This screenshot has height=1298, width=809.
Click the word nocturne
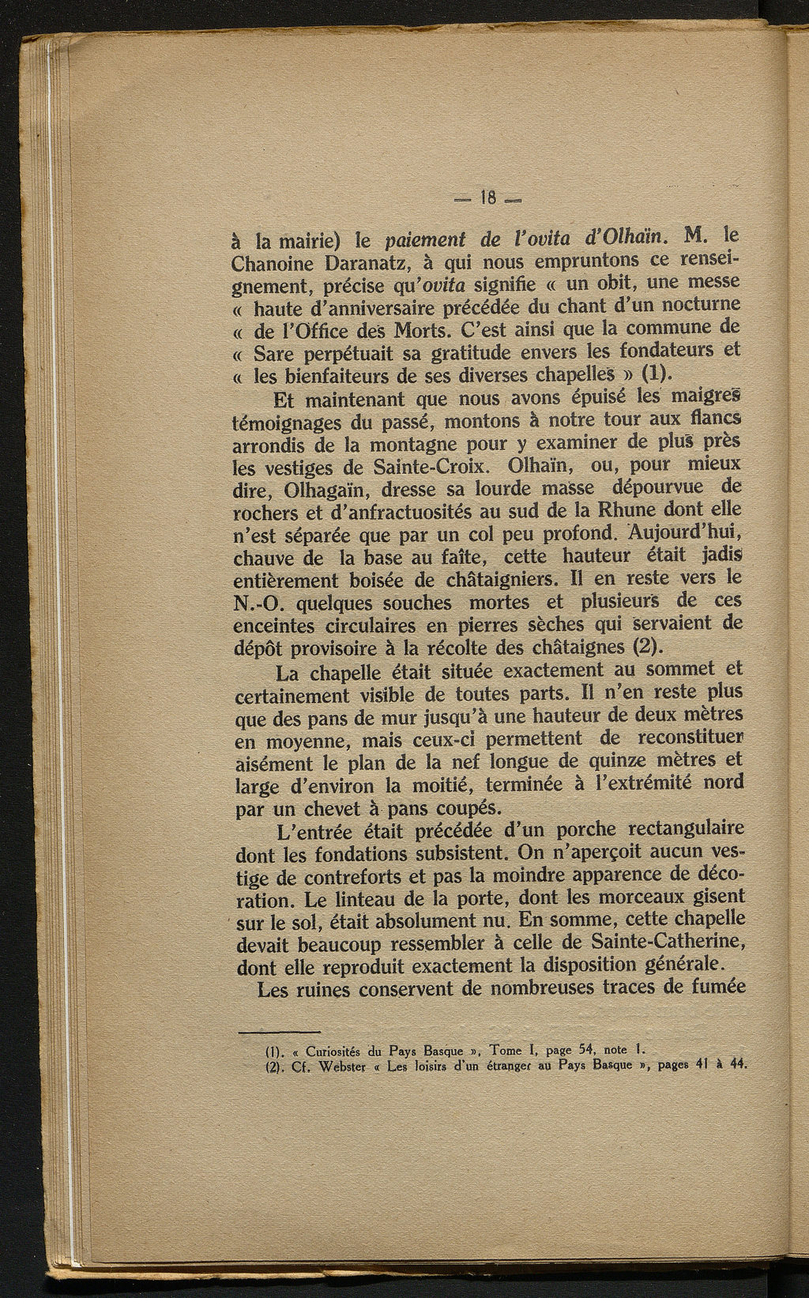698,305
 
